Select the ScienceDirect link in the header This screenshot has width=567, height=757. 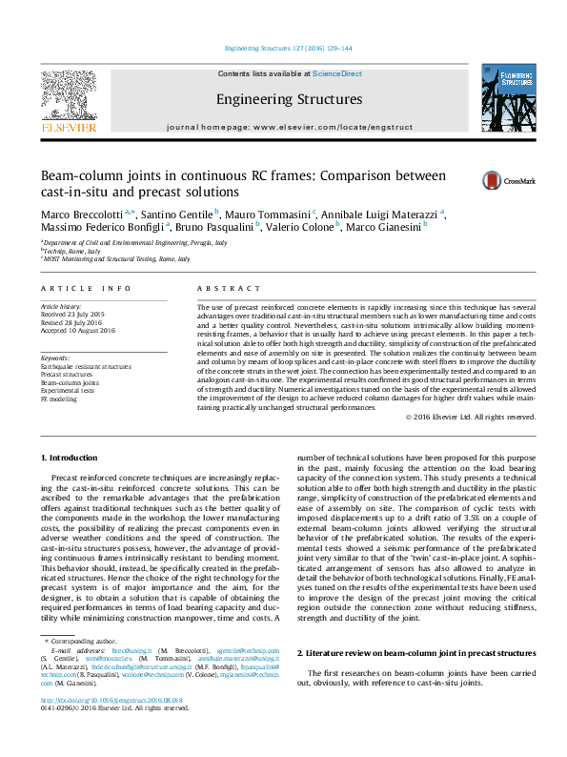337,73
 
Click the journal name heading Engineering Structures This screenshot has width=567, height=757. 289,99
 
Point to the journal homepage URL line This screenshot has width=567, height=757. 289,127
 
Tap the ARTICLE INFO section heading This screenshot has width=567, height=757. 87,287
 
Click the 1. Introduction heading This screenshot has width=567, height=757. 72,459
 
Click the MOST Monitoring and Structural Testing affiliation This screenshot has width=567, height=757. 106,258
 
